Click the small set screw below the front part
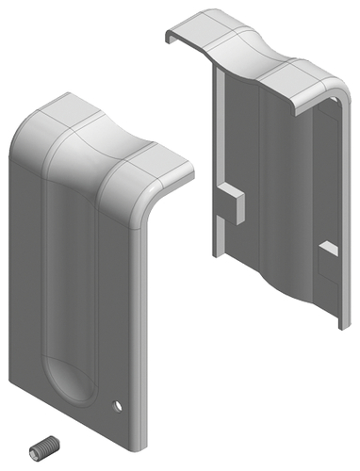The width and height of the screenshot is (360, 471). [x=43, y=448]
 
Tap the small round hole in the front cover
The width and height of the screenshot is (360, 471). [x=118, y=407]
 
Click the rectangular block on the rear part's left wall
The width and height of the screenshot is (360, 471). [x=230, y=204]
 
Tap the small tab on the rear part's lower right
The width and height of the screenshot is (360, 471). [x=328, y=250]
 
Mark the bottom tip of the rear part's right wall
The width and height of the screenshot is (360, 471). [x=336, y=325]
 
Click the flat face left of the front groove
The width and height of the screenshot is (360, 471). [x=28, y=264]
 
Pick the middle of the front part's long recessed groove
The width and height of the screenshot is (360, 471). [x=71, y=283]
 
